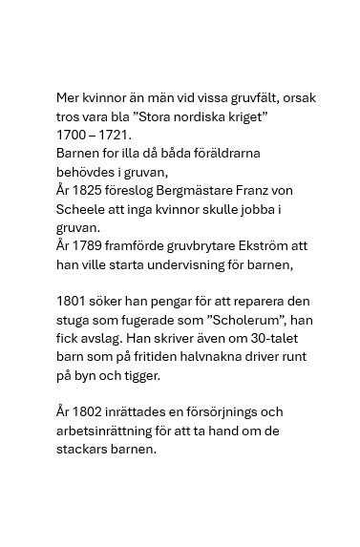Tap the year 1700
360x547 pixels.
coord(73,135)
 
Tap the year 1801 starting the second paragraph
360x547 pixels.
coord(73,301)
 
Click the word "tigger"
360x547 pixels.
coord(142,374)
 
